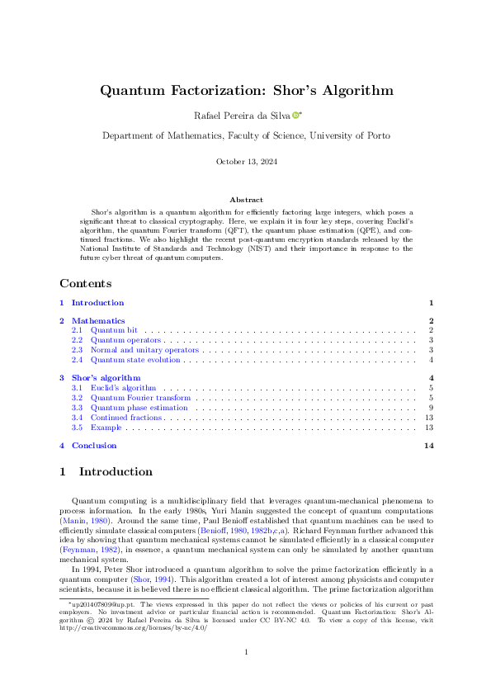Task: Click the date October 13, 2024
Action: tap(245, 162)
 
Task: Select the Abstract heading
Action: tap(245, 200)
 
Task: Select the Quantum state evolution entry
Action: tap(135, 360)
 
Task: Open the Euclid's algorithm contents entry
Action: tap(123, 387)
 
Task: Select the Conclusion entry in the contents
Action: tap(94, 446)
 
